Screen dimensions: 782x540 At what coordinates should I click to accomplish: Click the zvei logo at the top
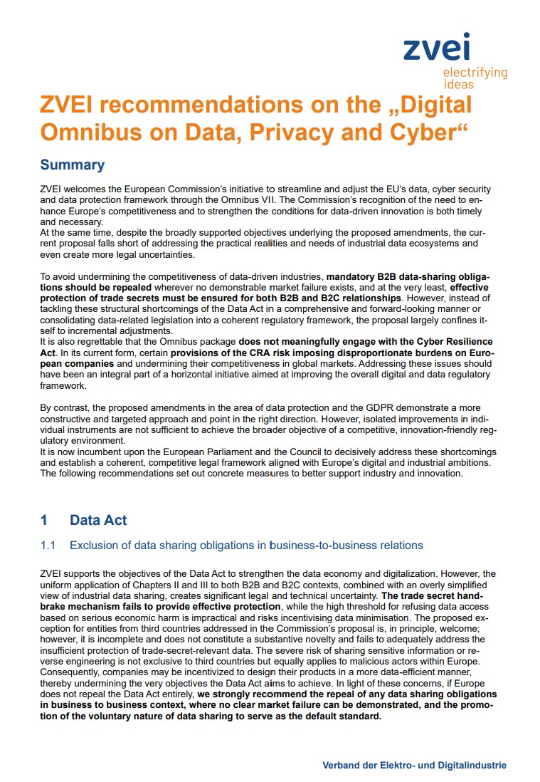coord(436,48)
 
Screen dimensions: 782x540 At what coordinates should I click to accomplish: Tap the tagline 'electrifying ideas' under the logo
coord(475,78)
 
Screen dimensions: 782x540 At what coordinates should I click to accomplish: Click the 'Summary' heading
coord(73,165)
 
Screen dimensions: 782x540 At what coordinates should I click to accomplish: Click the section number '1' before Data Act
coord(44,520)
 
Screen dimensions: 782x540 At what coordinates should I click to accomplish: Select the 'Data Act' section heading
coord(98,520)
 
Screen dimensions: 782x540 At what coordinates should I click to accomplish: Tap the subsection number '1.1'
coord(48,546)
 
